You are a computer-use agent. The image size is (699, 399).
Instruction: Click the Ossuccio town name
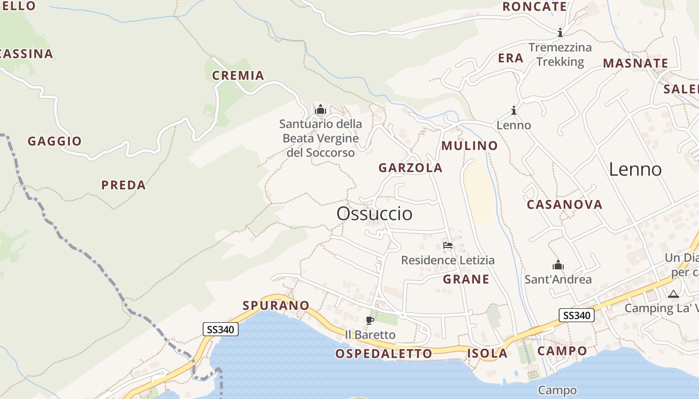(374, 213)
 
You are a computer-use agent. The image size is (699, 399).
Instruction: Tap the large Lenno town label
(635, 170)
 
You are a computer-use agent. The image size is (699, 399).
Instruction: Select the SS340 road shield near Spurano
(220, 329)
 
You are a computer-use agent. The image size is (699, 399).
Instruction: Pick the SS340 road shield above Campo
(576, 315)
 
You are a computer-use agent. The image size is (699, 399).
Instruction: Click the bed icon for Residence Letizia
(448, 245)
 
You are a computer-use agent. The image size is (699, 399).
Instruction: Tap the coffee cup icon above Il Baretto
(370, 320)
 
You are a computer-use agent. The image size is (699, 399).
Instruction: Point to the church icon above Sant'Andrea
(558, 265)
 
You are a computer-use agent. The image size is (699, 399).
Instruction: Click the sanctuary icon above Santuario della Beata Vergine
(320, 109)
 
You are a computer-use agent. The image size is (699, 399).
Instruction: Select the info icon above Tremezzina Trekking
(560, 33)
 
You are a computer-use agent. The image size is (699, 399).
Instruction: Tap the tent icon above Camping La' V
(674, 294)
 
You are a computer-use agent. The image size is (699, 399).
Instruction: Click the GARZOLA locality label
(410, 168)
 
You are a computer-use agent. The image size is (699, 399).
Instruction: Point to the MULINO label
(470, 146)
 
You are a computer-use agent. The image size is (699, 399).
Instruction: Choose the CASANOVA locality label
(565, 204)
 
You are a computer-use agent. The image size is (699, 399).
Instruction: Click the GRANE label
(466, 279)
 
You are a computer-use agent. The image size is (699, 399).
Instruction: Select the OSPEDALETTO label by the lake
(383, 354)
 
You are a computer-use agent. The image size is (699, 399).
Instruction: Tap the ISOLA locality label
(487, 354)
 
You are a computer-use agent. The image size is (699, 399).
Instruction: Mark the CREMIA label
(238, 76)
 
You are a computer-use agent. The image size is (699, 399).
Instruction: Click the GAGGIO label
(54, 141)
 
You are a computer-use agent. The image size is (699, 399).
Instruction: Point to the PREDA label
(123, 185)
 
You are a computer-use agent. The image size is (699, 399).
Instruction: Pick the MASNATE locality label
(636, 63)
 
